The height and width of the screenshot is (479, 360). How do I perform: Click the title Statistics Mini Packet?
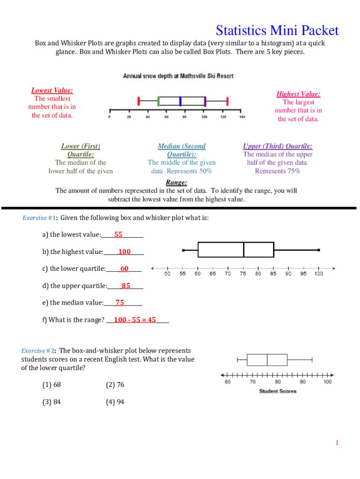[277, 31]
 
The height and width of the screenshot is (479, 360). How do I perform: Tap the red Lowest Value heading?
[52, 90]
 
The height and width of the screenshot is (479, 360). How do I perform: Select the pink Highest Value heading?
[298, 94]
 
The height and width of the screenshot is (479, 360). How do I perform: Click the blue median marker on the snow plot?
[180, 101]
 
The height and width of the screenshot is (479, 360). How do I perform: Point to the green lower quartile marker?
[158, 101]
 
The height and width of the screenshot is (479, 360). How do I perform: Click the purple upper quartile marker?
[205, 101]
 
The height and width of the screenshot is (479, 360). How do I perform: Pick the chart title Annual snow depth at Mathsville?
[178, 75]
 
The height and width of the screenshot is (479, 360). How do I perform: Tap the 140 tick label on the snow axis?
[242, 117]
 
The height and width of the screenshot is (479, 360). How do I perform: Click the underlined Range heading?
[176, 182]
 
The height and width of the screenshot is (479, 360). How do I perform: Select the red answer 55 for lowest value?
[118, 234]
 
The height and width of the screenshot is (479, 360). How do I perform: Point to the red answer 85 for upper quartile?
[126, 285]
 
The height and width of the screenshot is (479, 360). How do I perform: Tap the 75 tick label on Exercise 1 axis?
[244, 274]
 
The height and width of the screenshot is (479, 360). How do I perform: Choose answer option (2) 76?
[115, 385]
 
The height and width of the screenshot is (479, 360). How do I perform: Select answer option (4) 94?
[115, 401]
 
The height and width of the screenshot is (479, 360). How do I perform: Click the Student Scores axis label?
[278, 391]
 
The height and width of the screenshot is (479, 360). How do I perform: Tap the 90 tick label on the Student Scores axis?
[303, 382]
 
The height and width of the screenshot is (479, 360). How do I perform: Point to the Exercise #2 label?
[39, 350]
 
